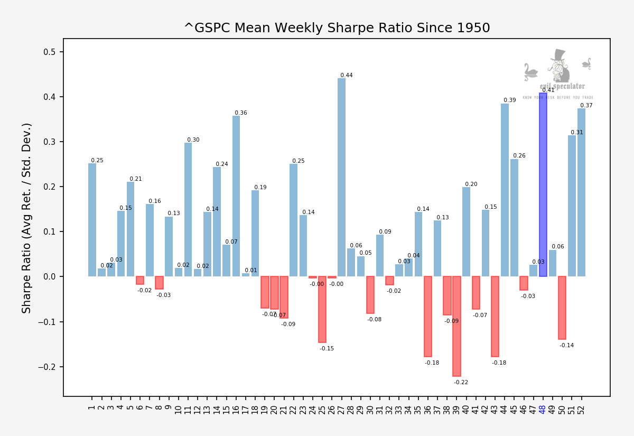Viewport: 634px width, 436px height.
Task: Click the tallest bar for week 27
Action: (x=341, y=177)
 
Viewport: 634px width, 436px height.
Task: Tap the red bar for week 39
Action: (x=456, y=326)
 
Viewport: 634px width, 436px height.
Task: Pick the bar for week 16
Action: (x=236, y=196)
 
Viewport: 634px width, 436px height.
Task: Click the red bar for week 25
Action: (x=322, y=309)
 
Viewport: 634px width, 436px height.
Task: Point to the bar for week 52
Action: (x=581, y=192)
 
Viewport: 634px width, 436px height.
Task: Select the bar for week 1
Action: (x=92, y=220)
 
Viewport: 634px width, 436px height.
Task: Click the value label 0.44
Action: (x=346, y=76)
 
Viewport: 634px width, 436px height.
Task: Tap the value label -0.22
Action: (x=461, y=382)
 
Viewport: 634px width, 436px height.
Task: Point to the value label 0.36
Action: (x=240, y=113)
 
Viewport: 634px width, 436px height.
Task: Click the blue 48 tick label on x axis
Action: (x=543, y=408)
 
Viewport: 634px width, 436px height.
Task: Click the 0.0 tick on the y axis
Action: (x=51, y=276)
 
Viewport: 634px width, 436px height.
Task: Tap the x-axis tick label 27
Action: (x=341, y=408)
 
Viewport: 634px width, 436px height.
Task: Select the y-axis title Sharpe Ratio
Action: (x=27, y=218)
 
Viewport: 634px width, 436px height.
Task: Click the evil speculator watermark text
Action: (x=562, y=86)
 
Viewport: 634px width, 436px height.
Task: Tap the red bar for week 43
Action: (x=495, y=317)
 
